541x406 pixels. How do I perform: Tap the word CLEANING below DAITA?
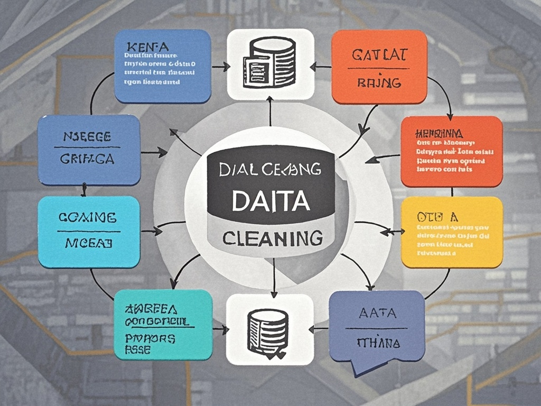point(272,238)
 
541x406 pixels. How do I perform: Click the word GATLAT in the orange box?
point(378,54)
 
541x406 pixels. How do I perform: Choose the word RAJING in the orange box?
point(379,83)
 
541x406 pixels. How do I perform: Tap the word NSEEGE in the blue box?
point(88,136)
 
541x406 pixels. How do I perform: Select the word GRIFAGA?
point(87,158)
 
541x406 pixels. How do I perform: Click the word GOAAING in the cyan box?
point(88,217)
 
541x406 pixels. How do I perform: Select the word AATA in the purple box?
point(377,313)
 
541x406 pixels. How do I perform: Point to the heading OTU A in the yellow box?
point(436,217)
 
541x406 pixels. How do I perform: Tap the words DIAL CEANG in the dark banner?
point(270,169)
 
